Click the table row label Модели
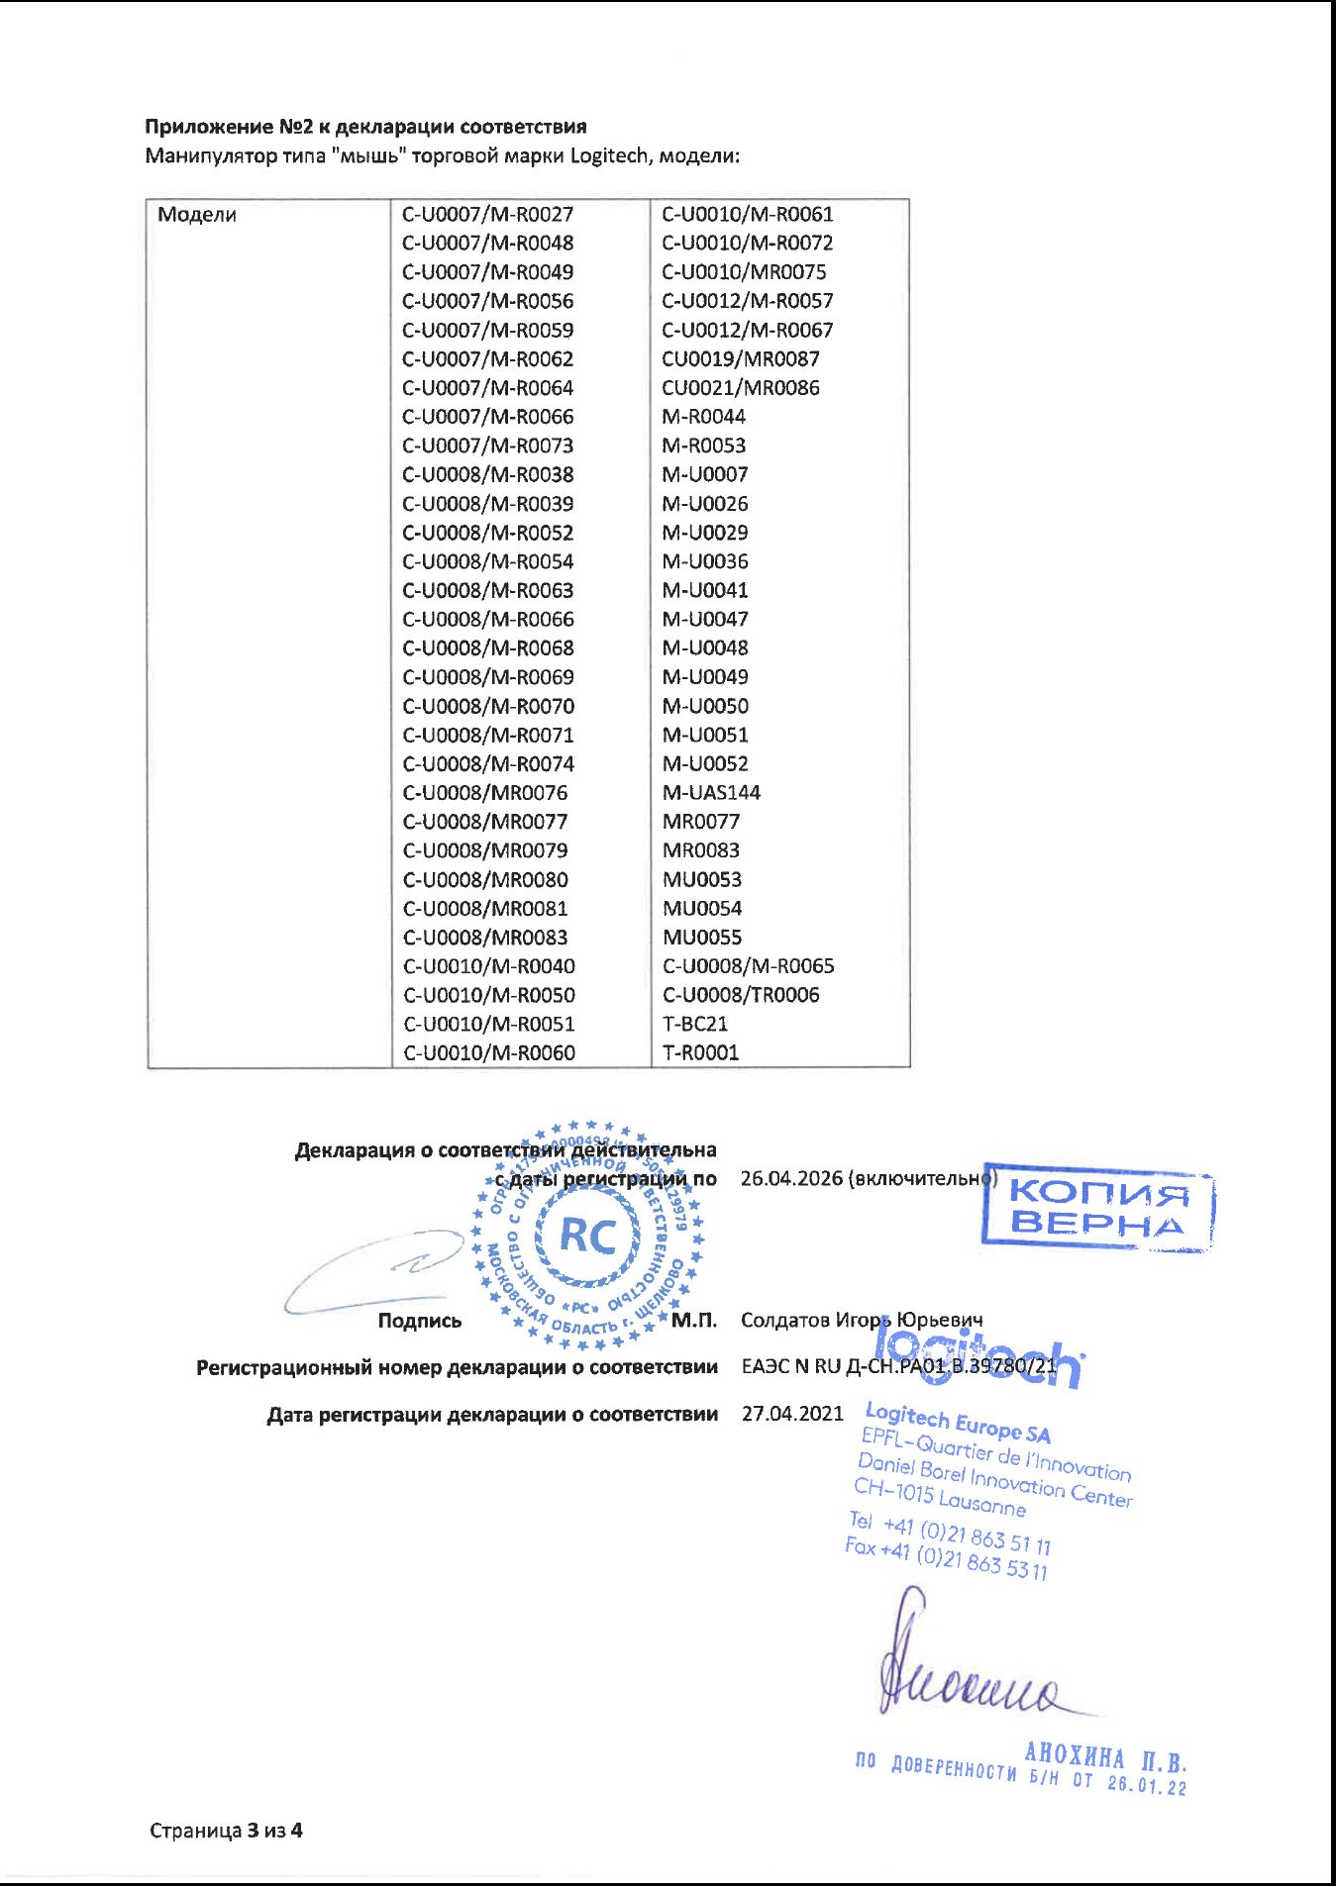[x=197, y=215]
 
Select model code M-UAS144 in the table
[x=711, y=793]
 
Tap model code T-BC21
[x=695, y=1024]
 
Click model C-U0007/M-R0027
[x=487, y=215]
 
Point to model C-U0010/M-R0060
[x=488, y=1053]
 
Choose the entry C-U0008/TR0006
[x=741, y=995]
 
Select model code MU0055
[x=702, y=938]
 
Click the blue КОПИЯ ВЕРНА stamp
[x=1097, y=1208]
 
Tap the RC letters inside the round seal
[x=587, y=1236]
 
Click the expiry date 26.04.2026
[x=791, y=1179]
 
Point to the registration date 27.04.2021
[x=792, y=1414]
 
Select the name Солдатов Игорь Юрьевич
[x=862, y=1321]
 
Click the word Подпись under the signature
[x=420, y=1322]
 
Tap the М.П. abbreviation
[x=693, y=1321]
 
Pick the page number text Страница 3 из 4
[x=226, y=1831]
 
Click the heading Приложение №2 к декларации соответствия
[x=365, y=127]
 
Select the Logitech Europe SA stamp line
[x=957, y=1422]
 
